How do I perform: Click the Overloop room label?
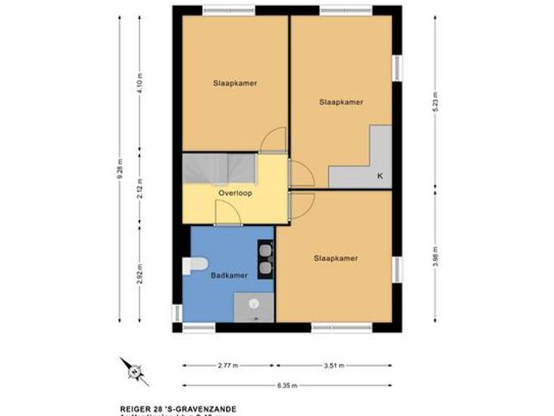coord(235,193)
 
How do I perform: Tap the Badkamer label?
coord(229,276)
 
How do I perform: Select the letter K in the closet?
coord(379,177)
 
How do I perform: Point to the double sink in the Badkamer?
coord(265,256)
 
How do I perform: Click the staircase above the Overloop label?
coord(220,167)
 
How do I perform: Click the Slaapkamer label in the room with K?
coord(340,101)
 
